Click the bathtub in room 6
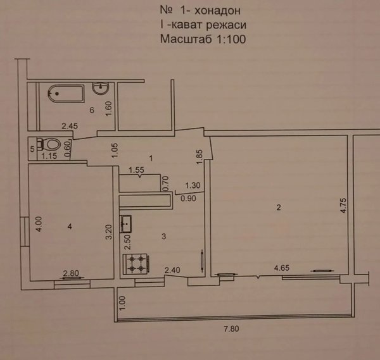click(x=66, y=94)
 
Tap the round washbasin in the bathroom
click(x=100, y=88)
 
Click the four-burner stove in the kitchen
click(x=136, y=264)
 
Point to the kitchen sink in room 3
click(x=125, y=224)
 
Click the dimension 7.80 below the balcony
click(x=231, y=329)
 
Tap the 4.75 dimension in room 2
click(x=344, y=206)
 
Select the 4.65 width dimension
click(x=282, y=268)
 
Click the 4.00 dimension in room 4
click(x=39, y=224)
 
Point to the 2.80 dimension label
click(x=71, y=273)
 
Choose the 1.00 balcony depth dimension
click(x=123, y=303)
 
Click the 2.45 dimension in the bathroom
click(x=70, y=126)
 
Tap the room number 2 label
click(x=279, y=208)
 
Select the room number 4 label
click(x=70, y=227)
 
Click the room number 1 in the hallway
click(x=151, y=159)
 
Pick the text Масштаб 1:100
click(x=203, y=39)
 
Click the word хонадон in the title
click(x=217, y=10)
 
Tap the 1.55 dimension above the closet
click(x=136, y=170)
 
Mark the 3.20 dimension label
click(x=109, y=232)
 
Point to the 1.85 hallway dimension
click(x=199, y=157)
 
